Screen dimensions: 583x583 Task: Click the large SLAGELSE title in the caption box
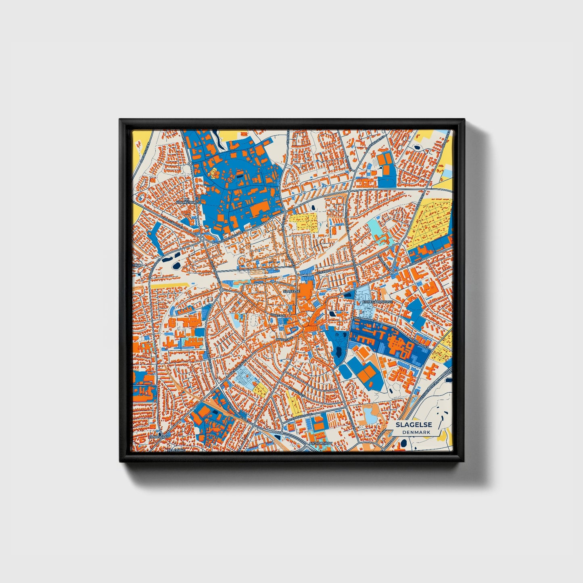[414, 425]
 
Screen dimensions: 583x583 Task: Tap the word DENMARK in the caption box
[416, 432]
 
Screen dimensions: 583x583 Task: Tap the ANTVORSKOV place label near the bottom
[320, 443]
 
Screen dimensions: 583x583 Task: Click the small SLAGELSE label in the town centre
[291, 291]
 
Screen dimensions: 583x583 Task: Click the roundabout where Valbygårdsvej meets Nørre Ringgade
[201, 238]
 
